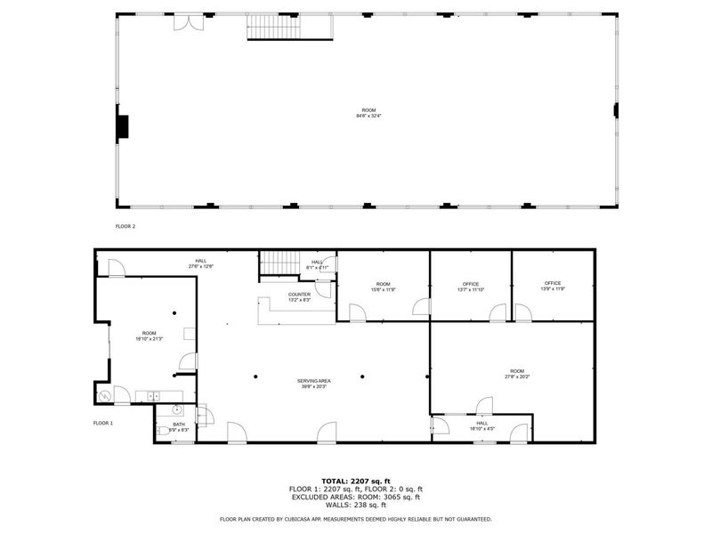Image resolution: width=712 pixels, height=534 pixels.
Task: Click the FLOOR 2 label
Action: (x=125, y=227)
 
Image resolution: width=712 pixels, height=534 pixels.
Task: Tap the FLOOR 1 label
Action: (x=103, y=423)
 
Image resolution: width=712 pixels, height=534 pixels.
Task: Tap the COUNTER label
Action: (x=299, y=297)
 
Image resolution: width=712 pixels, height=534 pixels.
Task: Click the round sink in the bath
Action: (x=177, y=410)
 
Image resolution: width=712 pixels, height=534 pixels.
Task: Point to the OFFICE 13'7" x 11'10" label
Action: (x=471, y=287)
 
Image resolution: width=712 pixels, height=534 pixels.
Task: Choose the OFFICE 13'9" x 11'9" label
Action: (x=554, y=287)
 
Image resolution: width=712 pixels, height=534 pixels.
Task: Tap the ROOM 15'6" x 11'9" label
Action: (x=382, y=287)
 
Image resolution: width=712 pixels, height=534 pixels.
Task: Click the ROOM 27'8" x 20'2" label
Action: (x=516, y=374)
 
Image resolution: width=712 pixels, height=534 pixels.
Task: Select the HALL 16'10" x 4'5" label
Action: (x=481, y=426)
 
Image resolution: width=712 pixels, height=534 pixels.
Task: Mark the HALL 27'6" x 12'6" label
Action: (x=201, y=263)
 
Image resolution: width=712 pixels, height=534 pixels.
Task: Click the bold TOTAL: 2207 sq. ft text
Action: (x=355, y=481)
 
